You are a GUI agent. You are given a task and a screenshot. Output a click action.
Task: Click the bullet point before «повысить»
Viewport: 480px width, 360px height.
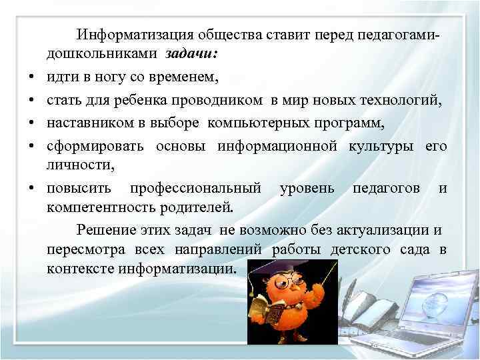(31, 189)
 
